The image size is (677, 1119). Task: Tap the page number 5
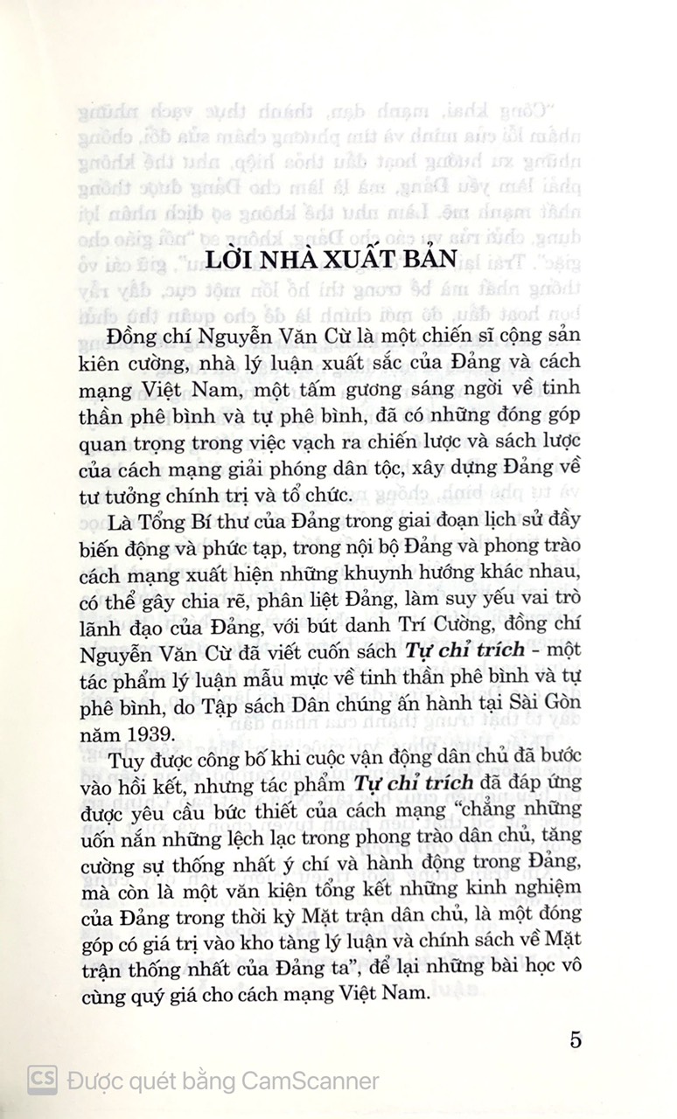(575, 1039)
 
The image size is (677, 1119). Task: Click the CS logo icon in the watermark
(41, 1080)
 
